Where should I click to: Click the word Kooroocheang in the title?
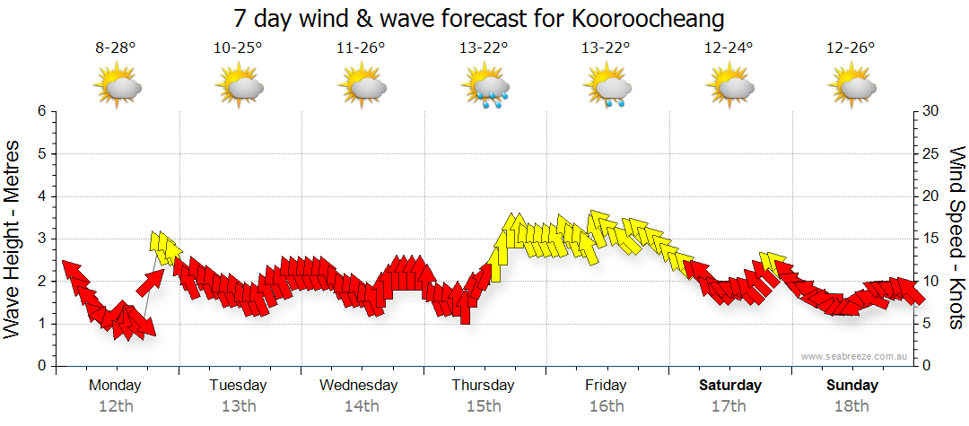645,19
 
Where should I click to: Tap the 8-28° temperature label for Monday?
116,49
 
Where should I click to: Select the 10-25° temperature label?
238,49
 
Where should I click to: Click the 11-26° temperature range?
361,49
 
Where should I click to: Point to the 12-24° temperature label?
729,49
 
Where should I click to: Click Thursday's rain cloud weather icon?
485,87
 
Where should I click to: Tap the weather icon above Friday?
607,87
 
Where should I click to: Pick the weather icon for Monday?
118,87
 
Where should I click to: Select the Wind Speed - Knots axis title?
956,238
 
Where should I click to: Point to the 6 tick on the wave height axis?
40,111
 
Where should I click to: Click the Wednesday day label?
359,386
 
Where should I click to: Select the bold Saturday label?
730,386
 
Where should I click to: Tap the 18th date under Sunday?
851,406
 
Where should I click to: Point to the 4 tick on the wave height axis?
40,196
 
